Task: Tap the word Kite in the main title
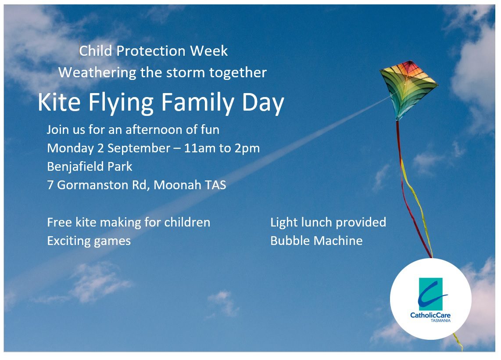click(x=59, y=102)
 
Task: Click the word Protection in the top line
click(x=151, y=51)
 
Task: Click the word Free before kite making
click(x=59, y=222)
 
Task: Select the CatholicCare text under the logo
click(x=430, y=316)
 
